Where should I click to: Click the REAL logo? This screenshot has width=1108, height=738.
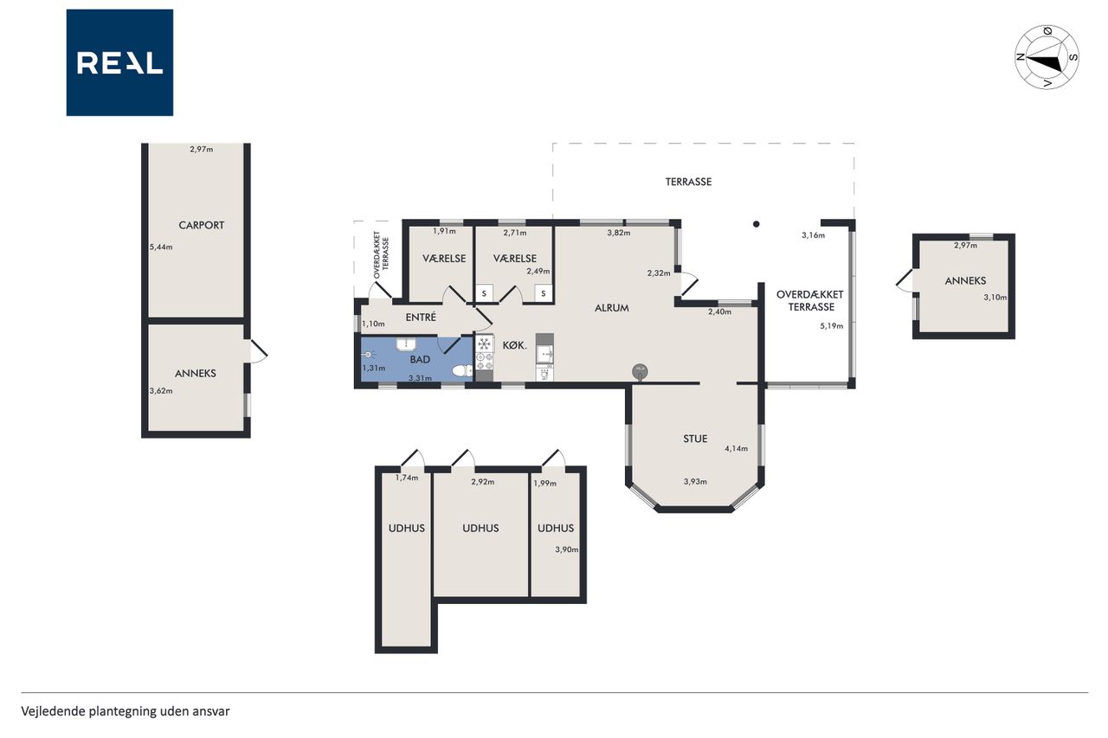pyautogui.click(x=119, y=62)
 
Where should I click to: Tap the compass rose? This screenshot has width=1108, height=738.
pyautogui.click(x=1047, y=57)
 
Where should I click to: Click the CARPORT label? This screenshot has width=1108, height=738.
pyautogui.click(x=202, y=226)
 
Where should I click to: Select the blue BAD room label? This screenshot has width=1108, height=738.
pyautogui.click(x=420, y=359)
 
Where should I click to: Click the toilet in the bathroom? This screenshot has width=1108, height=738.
pyautogui.click(x=462, y=370)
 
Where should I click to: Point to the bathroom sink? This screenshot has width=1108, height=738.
pyautogui.click(x=406, y=344)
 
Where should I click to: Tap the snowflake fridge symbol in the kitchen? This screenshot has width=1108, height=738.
pyautogui.click(x=484, y=343)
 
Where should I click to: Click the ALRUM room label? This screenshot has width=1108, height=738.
pyautogui.click(x=611, y=308)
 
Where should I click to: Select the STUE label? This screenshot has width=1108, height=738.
pyautogui.click(x=695, y=439)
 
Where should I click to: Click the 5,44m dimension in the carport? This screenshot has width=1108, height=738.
pyautogui.click(x=161, y=247)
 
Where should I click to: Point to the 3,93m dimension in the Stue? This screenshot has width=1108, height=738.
pyautogui.click(x=695, y=481)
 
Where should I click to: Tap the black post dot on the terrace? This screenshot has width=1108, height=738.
pyautogui.click(x=756, y=224)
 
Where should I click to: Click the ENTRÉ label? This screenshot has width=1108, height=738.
pyautogui.click(x=421, y=318)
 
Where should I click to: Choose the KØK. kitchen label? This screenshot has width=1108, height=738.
pyautogui.click(x=514, y=345)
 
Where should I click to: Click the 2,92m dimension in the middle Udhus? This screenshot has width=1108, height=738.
pyautogui.click(x=483, y=482)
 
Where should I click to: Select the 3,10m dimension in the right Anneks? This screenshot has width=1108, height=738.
pyautogui.click(x=995, y=297)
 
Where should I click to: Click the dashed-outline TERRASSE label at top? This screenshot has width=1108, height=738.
pyautogui.click(x=688, y=182)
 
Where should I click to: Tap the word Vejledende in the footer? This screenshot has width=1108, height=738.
pyautogui.click(x=54, y=711)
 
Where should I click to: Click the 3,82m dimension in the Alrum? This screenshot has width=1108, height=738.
pyautogui.click(x=619, y=233)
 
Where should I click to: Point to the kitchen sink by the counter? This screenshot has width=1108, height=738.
pyautogui.click(x=544, y=354)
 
